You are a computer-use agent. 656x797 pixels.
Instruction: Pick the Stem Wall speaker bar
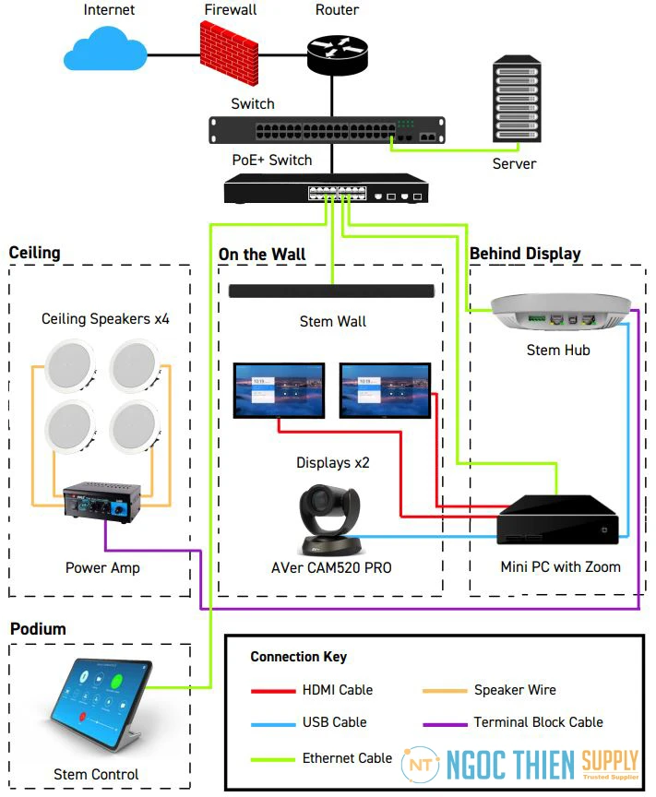point(332,291)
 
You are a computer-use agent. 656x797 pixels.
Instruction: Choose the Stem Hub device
point(561,312)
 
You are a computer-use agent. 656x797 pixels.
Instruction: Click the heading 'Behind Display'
point(525,254)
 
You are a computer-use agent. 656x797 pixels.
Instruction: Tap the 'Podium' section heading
point(38,629)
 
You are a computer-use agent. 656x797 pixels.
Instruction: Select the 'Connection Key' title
point(298,657)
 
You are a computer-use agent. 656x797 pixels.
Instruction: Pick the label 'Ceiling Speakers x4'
point(105,319)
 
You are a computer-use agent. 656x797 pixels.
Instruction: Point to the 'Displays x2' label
point(332,462)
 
